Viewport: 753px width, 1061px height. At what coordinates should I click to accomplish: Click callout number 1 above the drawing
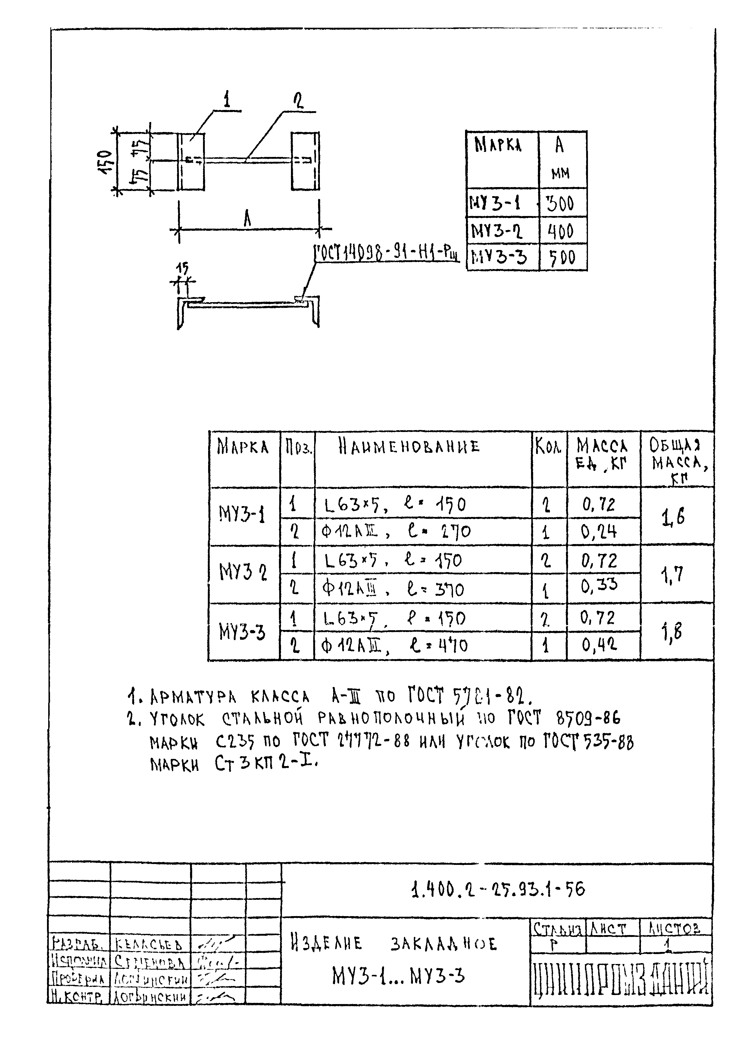[x=227, y=100]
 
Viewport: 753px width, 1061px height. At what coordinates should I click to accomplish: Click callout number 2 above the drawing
[x=299, y=101]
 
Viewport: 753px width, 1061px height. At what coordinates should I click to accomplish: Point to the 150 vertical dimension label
[x=106, y=161]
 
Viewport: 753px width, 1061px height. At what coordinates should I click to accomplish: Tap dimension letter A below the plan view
[x=247, y=220]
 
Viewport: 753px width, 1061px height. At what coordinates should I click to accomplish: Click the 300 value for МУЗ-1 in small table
[x=560, y=203]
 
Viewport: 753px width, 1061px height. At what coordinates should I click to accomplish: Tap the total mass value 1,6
[x=673, y=517]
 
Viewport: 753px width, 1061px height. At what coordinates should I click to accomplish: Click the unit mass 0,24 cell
[x=599, y=532]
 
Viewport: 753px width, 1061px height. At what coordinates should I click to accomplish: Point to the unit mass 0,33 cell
[x=599, y=586]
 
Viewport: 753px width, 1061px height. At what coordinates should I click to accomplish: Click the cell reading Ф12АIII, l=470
[x=394, y=646]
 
